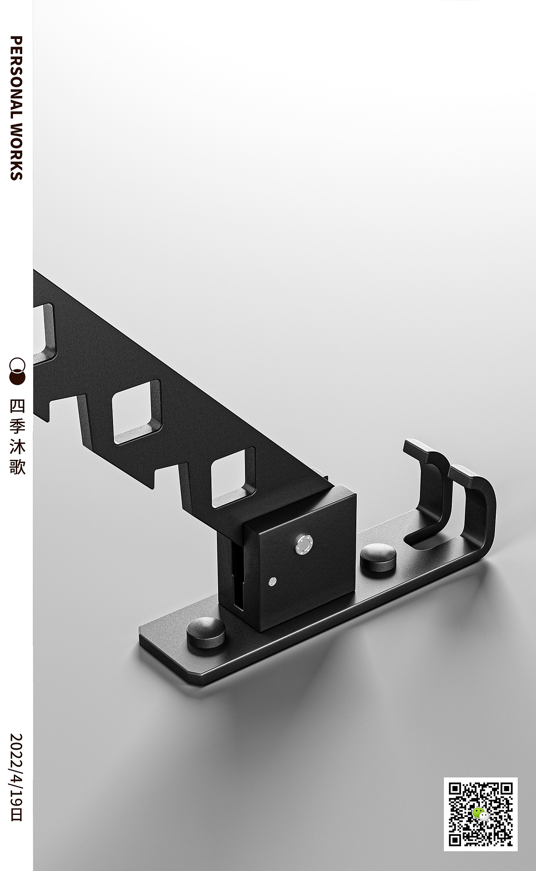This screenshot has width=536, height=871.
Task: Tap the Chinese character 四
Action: (17, 406)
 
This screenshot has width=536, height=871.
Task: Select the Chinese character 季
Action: (17, 427)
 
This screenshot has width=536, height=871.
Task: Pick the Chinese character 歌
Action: (17, 467)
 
